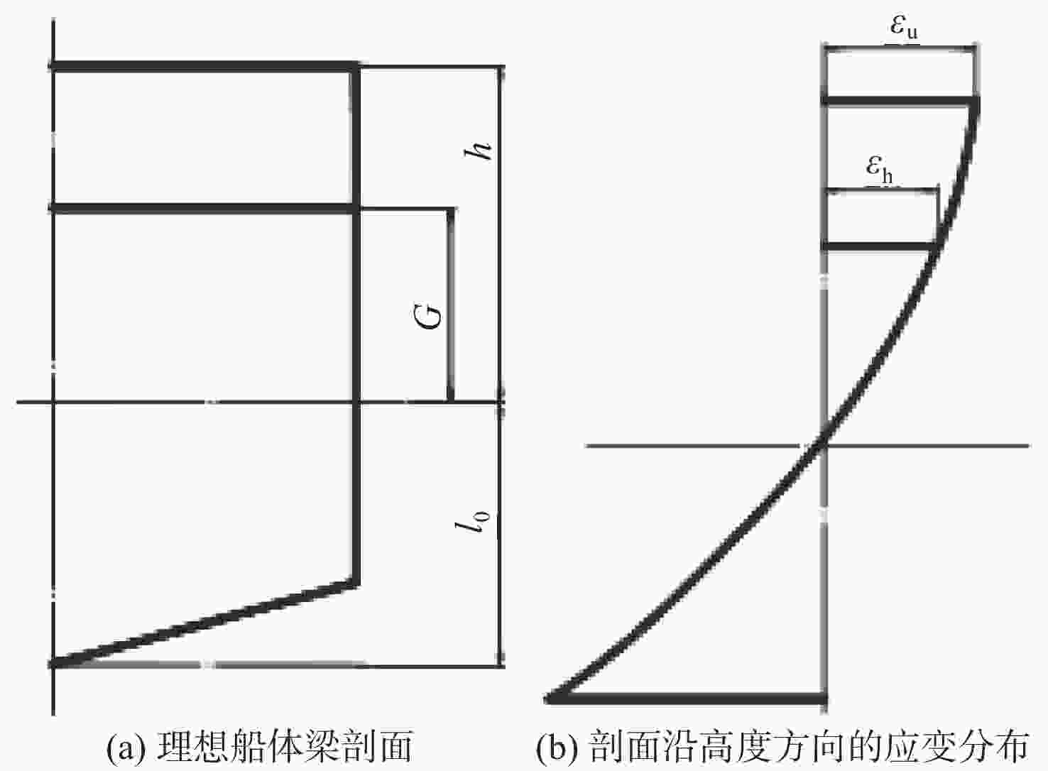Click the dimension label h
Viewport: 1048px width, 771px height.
tap(477, 151)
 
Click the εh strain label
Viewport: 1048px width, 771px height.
tap(879, 169)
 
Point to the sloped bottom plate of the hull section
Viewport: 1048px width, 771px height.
tap(204, 623)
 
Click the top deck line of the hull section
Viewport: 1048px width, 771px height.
tap(204, 66)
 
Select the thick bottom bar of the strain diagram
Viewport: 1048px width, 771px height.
tap(685, 699)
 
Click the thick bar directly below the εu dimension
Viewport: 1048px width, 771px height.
tap(900, 101)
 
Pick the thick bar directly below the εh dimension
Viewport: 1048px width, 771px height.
tap(880, 246)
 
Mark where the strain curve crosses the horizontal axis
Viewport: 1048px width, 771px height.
tap(824, 446)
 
